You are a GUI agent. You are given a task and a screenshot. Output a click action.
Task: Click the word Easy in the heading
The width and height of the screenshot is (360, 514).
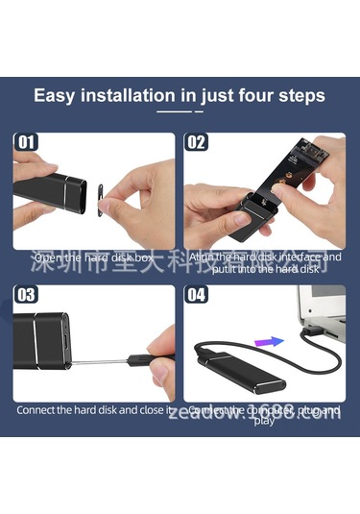(x=57, y=96)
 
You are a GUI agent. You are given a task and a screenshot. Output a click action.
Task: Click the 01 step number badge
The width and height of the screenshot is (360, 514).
(x=26, y=143)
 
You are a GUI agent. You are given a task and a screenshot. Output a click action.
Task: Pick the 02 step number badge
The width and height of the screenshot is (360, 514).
(x=197, y=143)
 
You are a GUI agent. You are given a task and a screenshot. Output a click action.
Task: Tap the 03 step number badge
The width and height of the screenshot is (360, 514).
(x=26, y=295)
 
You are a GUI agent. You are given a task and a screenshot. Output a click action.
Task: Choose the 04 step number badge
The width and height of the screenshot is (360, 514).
(x=197, y=295)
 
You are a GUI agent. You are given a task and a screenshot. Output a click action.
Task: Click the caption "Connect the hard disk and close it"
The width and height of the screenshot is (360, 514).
(x=93, y=411)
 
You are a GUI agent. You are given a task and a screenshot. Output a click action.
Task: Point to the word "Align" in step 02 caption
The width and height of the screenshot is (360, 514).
(x=204, y=257)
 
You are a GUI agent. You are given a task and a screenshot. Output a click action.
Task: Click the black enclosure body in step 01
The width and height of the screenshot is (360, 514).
(x=43, y=191)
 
